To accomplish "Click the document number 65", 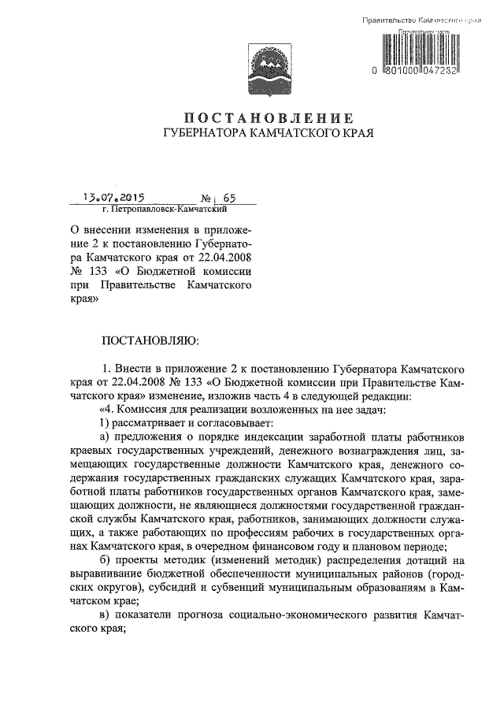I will tap(208, 200).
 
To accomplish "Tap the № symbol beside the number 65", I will tap(187, 200).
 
